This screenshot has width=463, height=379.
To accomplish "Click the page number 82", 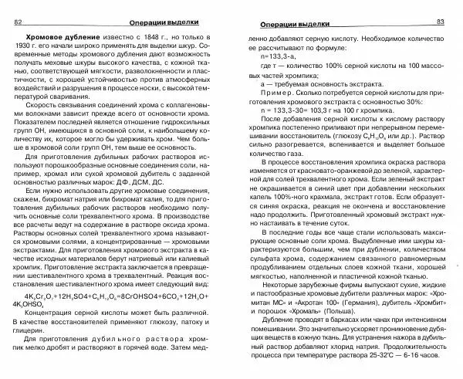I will click(x=18, y=22).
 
